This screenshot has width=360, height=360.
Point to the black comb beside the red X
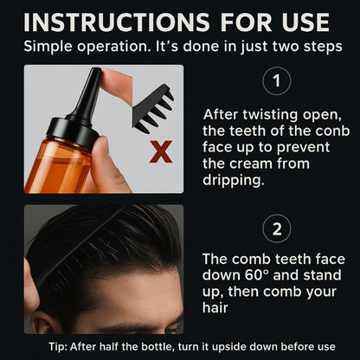point(155,108)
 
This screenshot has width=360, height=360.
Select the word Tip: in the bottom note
point(36,346)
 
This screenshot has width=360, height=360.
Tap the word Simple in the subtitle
point(48,45)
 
